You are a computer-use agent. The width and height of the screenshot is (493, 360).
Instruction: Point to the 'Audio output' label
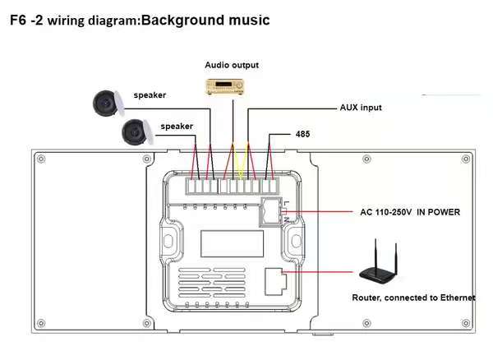(x=232, y=65)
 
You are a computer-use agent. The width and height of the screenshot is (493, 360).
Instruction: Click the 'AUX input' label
(x=361, y=108)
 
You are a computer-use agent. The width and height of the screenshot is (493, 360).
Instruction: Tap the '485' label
(x=302, y=133)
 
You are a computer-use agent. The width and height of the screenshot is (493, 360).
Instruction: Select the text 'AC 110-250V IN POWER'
(x=409, y=212)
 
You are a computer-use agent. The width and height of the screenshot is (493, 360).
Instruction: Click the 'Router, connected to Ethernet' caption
(x=413, y=298)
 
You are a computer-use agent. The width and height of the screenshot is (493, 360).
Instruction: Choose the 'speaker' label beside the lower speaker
(x=177, y=126)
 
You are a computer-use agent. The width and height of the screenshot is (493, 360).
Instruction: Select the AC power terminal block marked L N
(x=270, y=211)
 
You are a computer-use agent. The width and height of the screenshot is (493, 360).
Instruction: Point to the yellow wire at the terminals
(x=239, y=168)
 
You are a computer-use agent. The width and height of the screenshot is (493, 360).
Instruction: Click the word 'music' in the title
(x=252, y=18)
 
